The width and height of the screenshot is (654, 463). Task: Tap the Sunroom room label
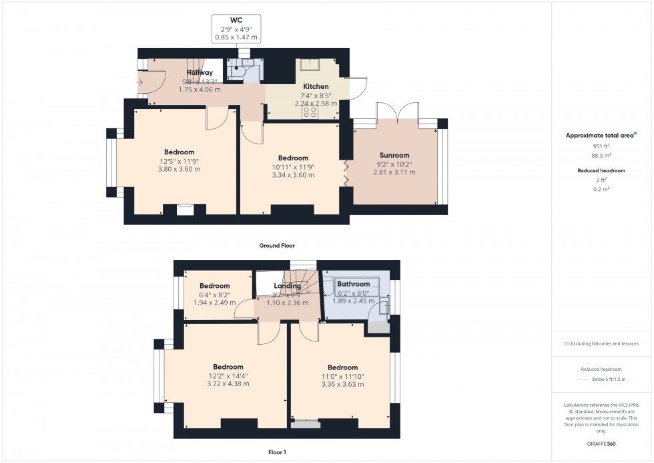click(394, 155)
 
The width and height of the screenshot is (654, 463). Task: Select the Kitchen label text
click(316, 87)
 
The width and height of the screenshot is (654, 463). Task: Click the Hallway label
click(200, 72)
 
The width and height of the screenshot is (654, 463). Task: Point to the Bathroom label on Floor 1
click(353, 284)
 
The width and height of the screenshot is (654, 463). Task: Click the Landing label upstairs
click(288, 286)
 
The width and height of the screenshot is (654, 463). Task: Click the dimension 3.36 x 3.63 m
click(342, 384)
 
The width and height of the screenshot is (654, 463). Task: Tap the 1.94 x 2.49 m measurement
click(214, 303)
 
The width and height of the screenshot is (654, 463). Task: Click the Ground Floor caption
click(277, 246)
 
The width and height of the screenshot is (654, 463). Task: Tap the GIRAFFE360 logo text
click(601, 443)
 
